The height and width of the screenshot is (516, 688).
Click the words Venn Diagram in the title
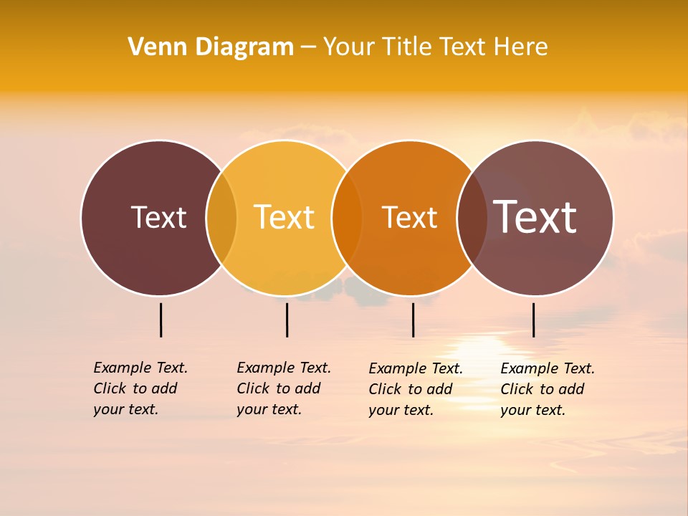point(211,47)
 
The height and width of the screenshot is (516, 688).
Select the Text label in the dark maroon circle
point(158,217)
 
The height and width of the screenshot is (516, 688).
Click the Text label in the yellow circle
point(285,217)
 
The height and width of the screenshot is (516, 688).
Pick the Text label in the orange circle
point(409,217)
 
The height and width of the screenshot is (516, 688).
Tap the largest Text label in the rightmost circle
point(535,216)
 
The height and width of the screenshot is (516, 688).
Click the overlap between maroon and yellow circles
point(221,218)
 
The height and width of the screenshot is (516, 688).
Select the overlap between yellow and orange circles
point(347,218)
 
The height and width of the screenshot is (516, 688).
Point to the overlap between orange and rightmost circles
point(472,218)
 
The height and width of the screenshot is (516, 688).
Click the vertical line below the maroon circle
point(161,320)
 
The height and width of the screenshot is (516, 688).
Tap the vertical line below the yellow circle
point(287,320)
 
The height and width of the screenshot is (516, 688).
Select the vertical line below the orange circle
point(413,320)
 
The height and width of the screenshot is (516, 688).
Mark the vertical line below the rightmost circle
point(533,320)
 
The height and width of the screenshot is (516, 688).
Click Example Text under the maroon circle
point(140,368)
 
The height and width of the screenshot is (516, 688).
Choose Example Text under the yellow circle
point(284,368)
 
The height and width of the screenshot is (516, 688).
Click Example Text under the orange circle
point(416,368)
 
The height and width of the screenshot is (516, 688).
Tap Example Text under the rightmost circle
point(548,368)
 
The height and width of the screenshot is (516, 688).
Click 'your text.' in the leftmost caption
point(125,410)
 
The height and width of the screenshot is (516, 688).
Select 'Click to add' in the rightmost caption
point(542,389)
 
